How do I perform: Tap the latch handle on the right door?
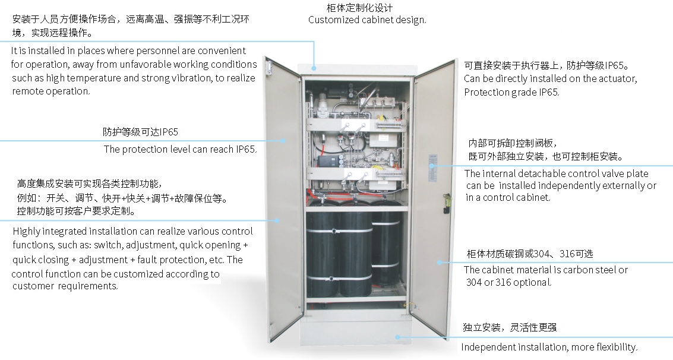[447, 203]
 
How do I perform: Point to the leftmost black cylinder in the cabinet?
[323, 253]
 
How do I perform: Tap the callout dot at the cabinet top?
[314, 67]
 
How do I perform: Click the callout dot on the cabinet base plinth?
[397, 337]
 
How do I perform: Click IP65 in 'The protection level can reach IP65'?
[246, 149]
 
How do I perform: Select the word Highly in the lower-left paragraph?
[26, 232]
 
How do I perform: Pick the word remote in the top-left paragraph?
[26, 91]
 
